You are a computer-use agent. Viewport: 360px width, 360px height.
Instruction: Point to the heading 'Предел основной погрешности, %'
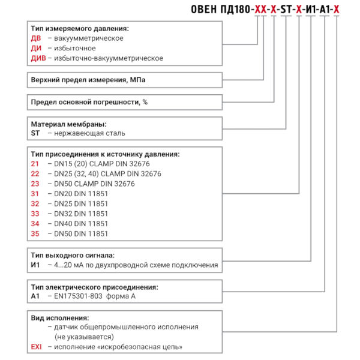tap(89, 102)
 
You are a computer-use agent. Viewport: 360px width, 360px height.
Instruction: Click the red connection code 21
tap(34, 164)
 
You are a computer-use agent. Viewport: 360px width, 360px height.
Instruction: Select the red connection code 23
tap(34, 184)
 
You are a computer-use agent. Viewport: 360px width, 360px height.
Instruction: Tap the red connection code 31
tap(34, 193)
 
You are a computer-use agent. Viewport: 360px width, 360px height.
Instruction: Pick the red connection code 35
tap(34, 233)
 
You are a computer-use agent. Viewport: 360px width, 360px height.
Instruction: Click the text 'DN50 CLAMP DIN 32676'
tap(94, 184)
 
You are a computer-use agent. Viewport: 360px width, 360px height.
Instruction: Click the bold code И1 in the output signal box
tap(35, 265)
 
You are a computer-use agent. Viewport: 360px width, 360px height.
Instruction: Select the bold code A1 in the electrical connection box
tap(34, 296)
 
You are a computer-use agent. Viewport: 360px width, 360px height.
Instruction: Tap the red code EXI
tap(36, 347)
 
